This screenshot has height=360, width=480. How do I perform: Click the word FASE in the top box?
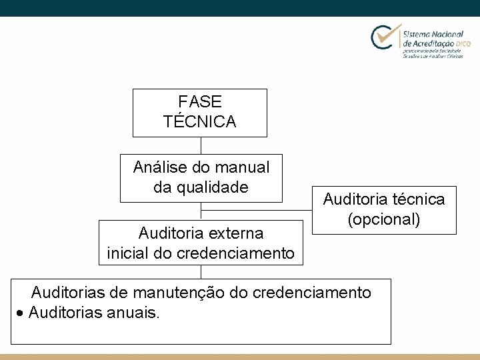[x=200, y=102]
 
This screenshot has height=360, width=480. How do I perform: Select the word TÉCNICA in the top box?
[x=200, y=122]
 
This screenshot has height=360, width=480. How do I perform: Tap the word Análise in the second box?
[x=159, y=167]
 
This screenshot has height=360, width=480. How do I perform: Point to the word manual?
[x=245, y=167]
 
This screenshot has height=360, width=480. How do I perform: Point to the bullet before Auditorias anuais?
[x=22, y=313]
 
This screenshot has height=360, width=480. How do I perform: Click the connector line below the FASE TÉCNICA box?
[x=201, y=146]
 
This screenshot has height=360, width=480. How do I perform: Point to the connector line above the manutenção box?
[x=201, y=271]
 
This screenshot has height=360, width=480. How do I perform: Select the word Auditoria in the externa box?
[x=169, y=233]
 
